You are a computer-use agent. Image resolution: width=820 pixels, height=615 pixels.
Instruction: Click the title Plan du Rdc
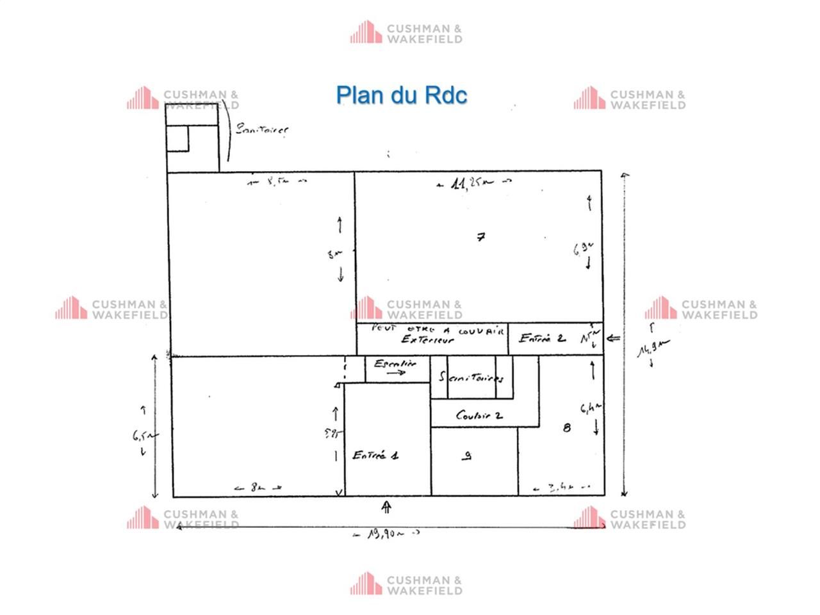pyautogui.click(x=402, y=95)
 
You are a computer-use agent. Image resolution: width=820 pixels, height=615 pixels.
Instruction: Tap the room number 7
pyautogui.click(x=481, y=237)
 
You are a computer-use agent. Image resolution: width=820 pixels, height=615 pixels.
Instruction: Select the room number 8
pyautogui.click(x=566, y=427)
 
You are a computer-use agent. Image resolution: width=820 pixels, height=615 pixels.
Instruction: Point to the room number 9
pyautogui.click(x=468, y=456)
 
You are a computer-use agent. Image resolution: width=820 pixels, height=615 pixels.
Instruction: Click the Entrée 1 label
pyautogui.click(x=375, y=455)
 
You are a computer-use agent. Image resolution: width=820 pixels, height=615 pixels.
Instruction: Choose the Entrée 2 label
pyautogui.click(x=542, y=338)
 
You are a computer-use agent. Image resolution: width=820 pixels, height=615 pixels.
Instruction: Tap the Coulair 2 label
pyautogui.click(x=479, y=415)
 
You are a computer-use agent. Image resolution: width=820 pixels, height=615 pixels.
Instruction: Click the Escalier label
pyautogui.click(x=395, y=364)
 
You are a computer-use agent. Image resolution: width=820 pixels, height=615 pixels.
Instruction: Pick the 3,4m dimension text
pyautogui.click(x=562, y=488)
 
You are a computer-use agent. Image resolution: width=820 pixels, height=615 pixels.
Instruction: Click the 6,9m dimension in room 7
pyautogui.click(x=584, y=249)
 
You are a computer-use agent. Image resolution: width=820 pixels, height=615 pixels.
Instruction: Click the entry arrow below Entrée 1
pyautogui.click(x=386, y=507)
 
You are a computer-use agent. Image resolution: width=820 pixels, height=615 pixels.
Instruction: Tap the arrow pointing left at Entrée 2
pyautogui.click(x=613, y=338)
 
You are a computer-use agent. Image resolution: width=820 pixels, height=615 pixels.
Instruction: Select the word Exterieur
pyautogui.click(x=427, y=340)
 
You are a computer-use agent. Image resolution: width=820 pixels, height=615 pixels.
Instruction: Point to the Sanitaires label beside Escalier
pyautogui.click(x=472, y=377)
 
